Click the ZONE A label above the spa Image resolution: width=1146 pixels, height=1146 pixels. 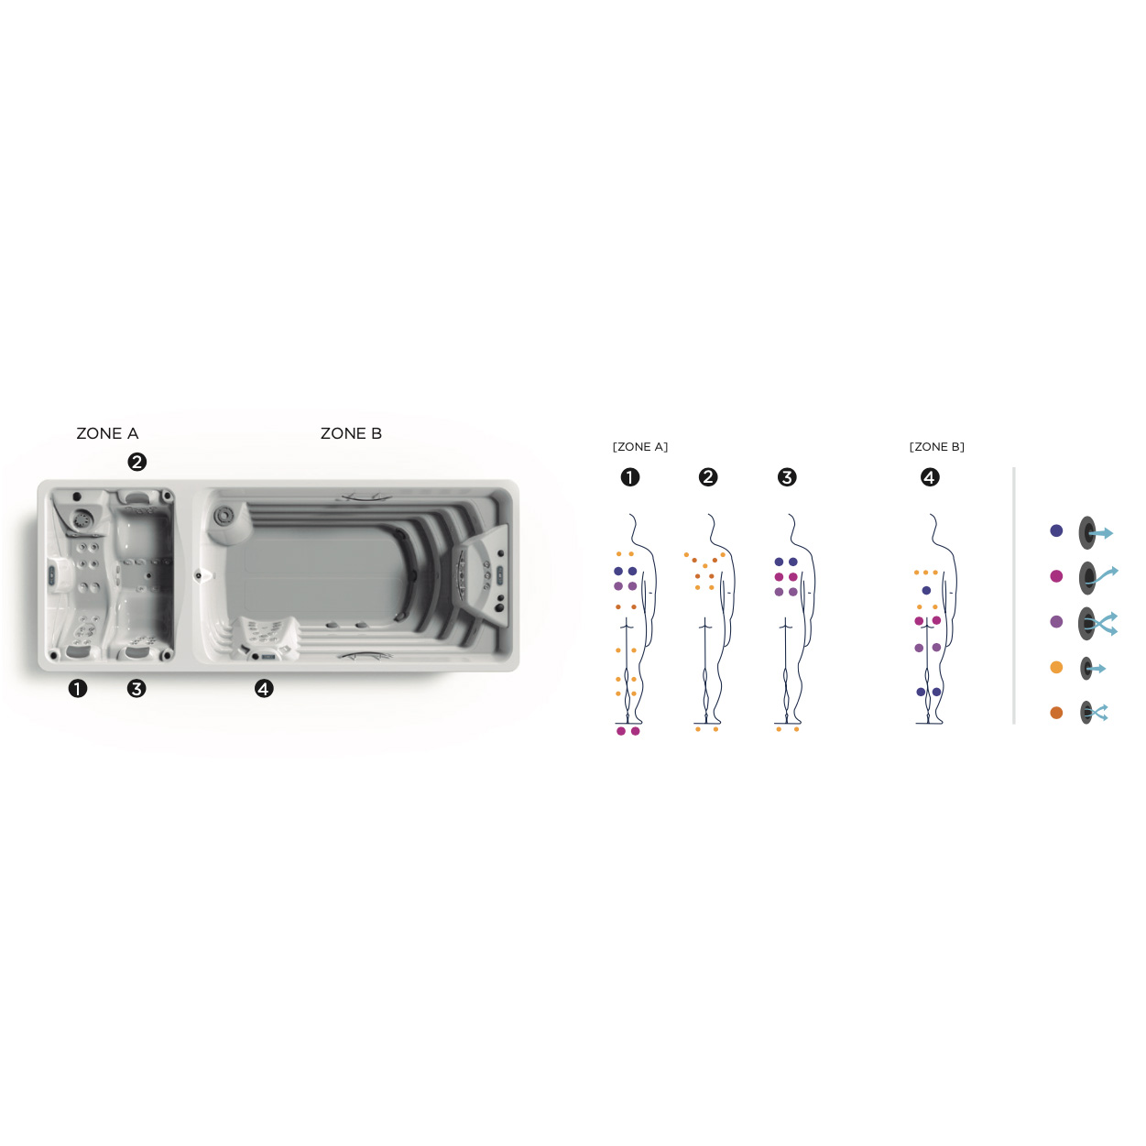107,433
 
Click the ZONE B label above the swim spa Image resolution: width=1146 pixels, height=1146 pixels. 351,433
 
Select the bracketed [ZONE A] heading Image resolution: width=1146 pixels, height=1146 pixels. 640,447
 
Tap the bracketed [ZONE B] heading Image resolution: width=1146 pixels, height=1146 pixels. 936,447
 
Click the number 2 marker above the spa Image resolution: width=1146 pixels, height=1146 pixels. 137,462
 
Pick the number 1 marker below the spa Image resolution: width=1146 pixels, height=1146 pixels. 77,689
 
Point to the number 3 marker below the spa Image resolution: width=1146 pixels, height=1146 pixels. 136,689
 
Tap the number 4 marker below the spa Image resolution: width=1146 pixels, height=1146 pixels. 264,689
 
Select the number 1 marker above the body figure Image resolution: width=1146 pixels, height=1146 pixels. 629,477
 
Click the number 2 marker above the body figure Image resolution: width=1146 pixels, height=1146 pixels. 708,477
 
